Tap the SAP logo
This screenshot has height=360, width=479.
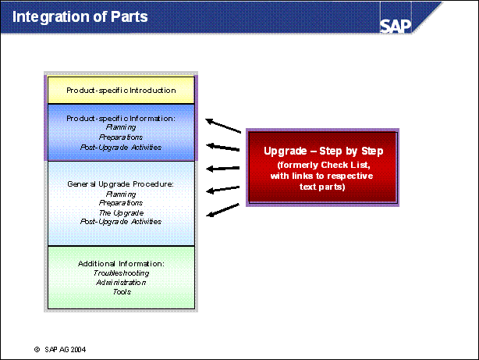(x=396, y=24)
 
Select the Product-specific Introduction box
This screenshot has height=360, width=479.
(x=121, y=91)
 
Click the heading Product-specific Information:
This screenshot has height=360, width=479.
(x=121, y=118)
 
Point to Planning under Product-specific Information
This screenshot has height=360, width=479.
(x=121, y=127)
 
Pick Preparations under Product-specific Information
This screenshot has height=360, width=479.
(x=121, y=137)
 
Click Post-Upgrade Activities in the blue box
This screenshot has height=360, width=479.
(x=121, y=147)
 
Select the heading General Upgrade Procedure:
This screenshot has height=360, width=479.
(x=121, y=184)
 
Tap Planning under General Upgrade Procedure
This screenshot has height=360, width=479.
(x=121, y=194)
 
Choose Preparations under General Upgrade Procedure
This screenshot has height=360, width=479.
(x=121, y=203)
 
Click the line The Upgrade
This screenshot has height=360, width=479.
(x=121, y=212)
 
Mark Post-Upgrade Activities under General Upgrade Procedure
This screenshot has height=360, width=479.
(x=121, y=222)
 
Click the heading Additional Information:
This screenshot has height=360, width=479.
(x=121, y=264)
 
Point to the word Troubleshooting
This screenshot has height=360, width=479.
(x=121, y=273)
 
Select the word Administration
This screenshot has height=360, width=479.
(x=121, y=283)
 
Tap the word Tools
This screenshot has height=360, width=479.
(x=121, y=292)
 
